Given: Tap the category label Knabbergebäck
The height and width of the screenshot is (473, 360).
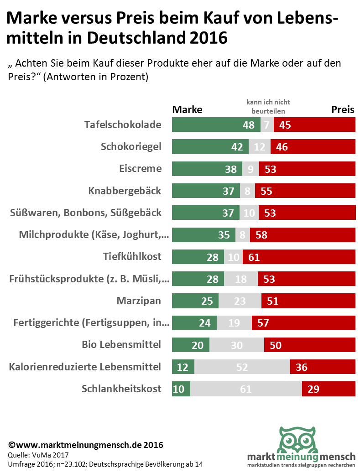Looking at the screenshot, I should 125,191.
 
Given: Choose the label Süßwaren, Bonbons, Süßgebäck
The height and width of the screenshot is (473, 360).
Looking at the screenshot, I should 85,213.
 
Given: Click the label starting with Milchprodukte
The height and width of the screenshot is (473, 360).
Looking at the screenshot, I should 94,234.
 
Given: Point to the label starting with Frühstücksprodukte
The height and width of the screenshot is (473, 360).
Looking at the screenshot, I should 89,279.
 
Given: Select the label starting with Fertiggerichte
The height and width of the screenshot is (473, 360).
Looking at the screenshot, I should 92,323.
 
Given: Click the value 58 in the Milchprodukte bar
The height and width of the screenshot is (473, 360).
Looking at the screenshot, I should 261,235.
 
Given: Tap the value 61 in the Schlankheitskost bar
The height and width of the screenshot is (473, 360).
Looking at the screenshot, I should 246,389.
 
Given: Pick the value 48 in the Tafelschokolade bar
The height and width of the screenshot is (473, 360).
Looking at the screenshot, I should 249,125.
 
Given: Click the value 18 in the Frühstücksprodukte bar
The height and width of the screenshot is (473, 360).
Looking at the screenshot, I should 240,279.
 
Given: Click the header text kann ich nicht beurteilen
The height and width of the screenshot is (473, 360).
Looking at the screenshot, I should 268,106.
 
